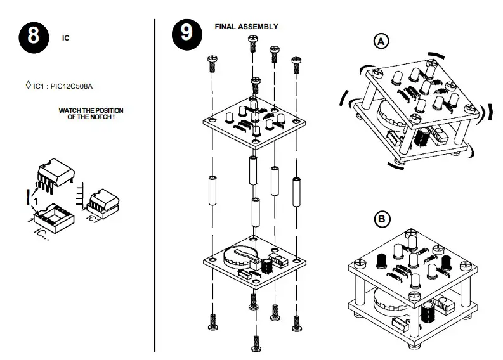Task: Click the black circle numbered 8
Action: coord(33,35)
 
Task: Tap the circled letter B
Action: coord(381,220)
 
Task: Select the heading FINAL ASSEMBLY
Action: coord(246,27)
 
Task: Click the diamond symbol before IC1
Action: coord(27,84)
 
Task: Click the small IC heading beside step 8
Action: coord(65,38)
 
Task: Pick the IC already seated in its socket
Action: coord(101,202)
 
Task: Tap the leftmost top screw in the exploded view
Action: coord(212,64)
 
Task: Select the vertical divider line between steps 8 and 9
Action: coord(155,184)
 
